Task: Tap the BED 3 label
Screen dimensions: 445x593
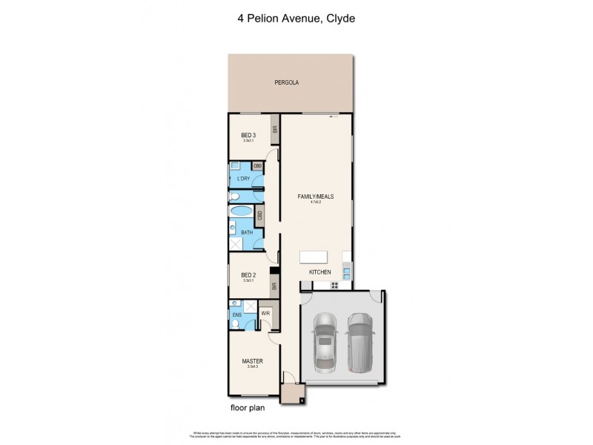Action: [x=248, y=135]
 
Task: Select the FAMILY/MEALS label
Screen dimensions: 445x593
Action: [x=316, y=197]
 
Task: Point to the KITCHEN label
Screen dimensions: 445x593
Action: [x=320, y=273]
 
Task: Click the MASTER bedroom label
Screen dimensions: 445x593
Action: [x=252, y=362]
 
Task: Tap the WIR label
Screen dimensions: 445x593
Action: [x=265, y=314]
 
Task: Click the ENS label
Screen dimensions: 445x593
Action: [x=236, y=315]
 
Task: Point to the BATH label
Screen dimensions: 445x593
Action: [x=246, y=232]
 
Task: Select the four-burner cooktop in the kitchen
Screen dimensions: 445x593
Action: [x=334, y=285]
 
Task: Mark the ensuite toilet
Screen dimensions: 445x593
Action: [x=234, y=304]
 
